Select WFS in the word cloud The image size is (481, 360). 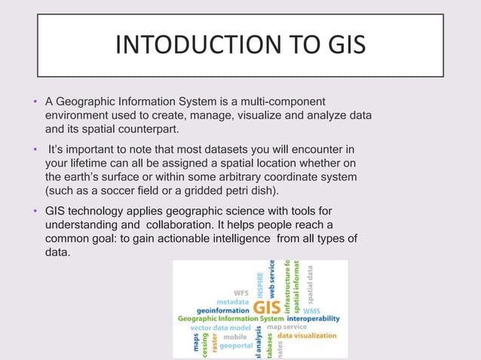[x=240, y=292]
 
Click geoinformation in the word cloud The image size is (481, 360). [x=222, y=310]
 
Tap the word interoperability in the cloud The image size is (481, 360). [x=313, y=319]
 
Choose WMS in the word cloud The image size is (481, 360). [x=311, y=310]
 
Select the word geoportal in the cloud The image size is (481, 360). [x=235, y=346]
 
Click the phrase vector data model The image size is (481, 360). [x=219, y=328]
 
